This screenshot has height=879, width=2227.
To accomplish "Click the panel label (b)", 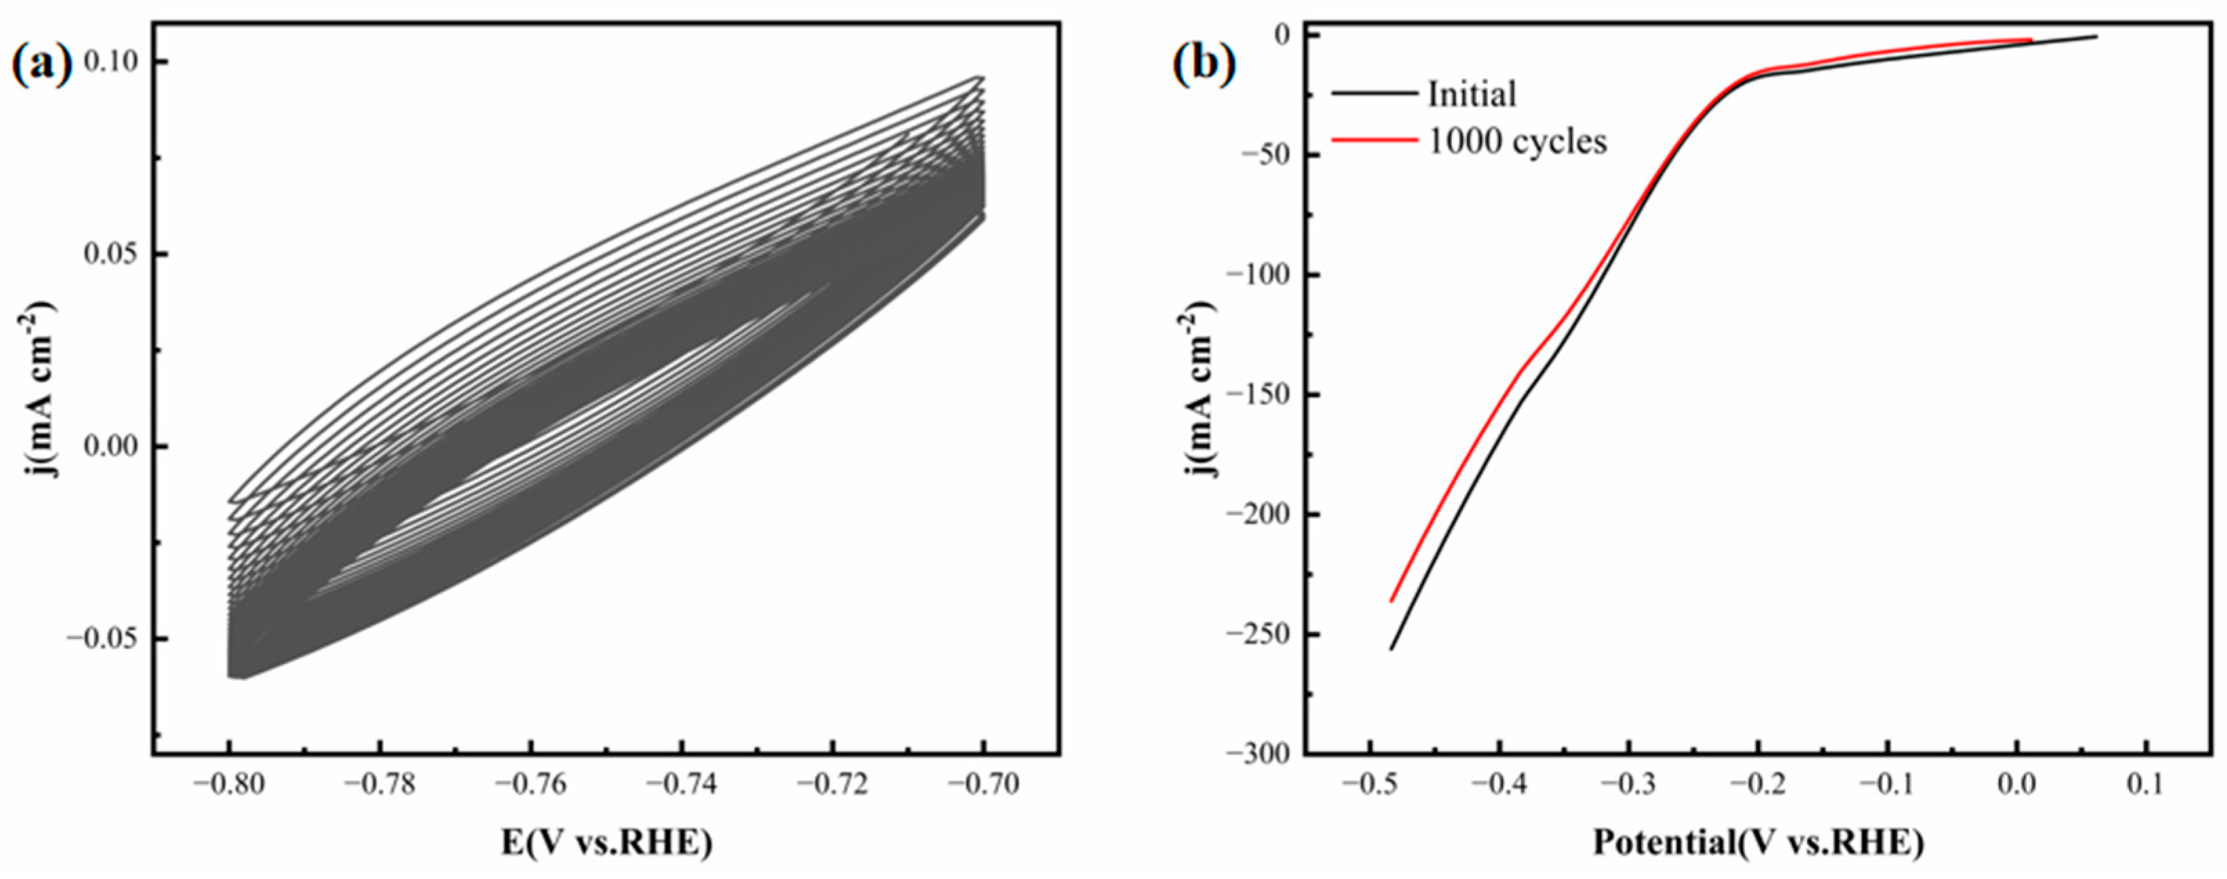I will (x=1204, y=66).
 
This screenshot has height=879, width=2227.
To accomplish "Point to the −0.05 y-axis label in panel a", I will (x=102, y=638).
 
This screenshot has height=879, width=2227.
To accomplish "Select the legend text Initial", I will (x=1472, y=93).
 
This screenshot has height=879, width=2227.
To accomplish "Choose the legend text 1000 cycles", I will (x=1517, y=141).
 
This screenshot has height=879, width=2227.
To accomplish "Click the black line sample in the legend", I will (x=1374, y=92).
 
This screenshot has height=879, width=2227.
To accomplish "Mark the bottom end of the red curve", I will (x=1391, y=601).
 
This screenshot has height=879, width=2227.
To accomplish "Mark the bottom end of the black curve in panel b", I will (x=1391, y=649).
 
